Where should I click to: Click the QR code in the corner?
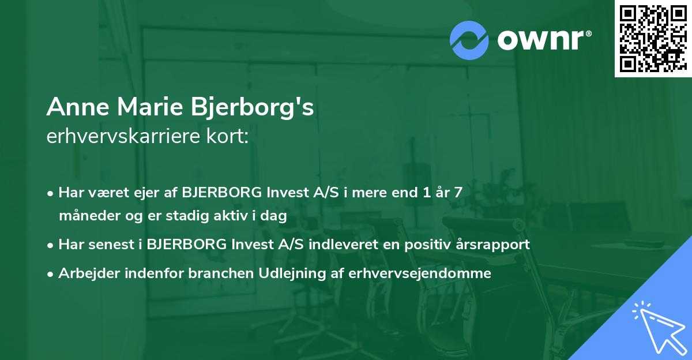pos(653,38)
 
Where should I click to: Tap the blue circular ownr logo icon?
pos(469,40)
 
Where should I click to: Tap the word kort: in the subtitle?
pos(229,137)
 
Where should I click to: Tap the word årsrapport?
pos(491,245)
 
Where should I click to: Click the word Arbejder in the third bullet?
pos(83,273)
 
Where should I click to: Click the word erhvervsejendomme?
pos(420,273)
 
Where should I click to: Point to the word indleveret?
pos(340,245)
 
